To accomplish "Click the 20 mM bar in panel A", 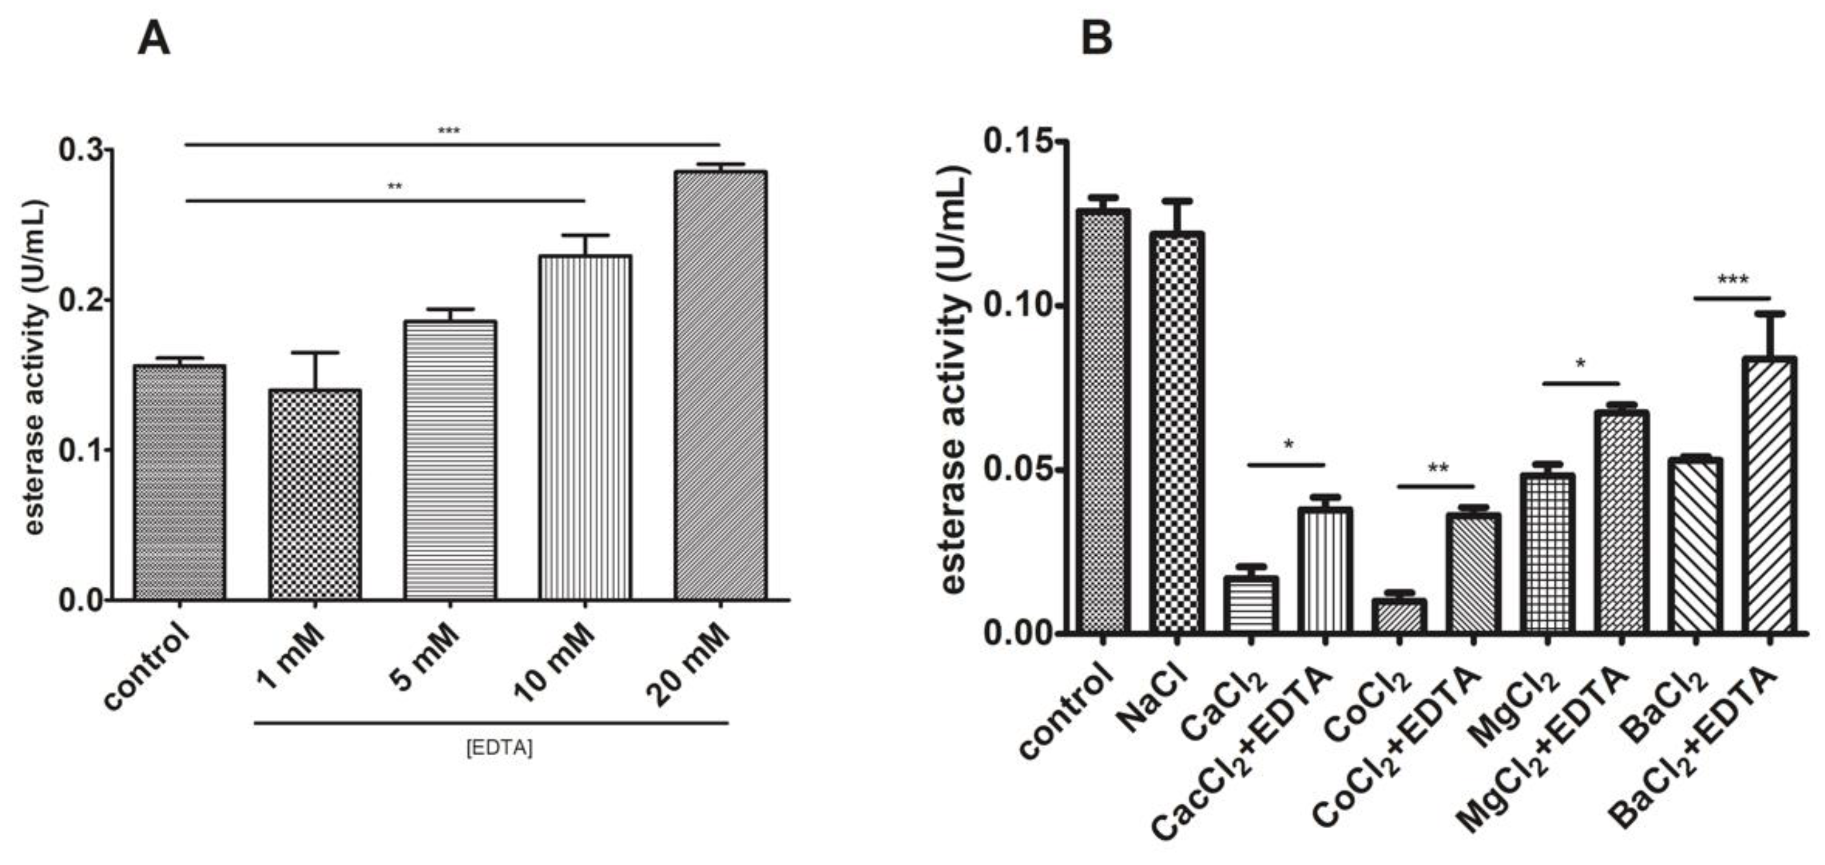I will pyautogui.click(x=720, y=386).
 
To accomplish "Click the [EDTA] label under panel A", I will pyautogui.click(x=500, y=748).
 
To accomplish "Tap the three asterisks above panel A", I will pyautogui.click(x=449, y=131).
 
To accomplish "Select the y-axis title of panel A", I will pyautogui.click(x=34, y=369).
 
